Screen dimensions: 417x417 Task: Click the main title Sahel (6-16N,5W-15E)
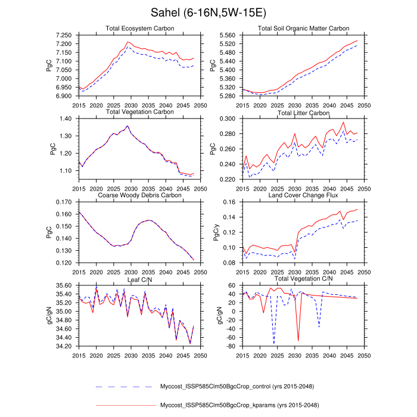click(208, 13)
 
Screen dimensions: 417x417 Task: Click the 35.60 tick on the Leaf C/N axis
click(64, 287)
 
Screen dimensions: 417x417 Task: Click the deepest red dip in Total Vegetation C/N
click(298, 341)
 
